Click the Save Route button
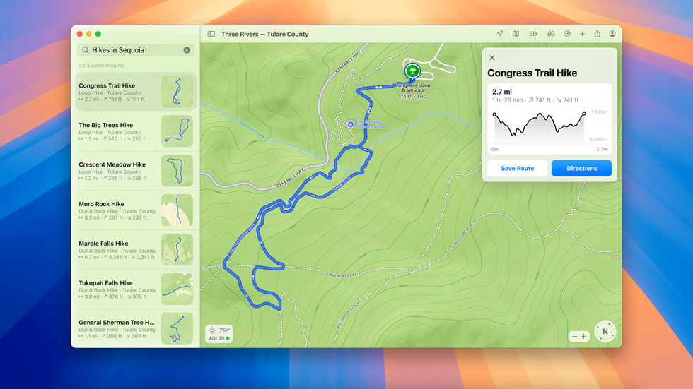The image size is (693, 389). click(517, 168)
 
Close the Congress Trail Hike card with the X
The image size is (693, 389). click(492, 58)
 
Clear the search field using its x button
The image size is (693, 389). click(187, 50)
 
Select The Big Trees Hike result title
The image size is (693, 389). click(105, 125)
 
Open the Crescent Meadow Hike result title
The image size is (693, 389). click(112, 164)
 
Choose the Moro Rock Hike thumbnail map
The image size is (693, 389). click(177, 210)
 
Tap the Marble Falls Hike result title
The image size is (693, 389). click(103, 244)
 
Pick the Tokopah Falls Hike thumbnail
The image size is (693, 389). click(177, 289)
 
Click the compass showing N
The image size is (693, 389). click(605, 331)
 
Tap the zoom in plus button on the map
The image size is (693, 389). click(583, 337)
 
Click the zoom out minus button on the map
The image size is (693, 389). click(575, 337)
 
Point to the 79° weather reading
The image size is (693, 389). click(223, 330)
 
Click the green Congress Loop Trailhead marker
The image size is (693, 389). click(412, 71)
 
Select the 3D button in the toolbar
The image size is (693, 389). click(532, 34)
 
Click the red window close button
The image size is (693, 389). click(80, 34)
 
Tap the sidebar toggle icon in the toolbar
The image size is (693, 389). click(211, 34)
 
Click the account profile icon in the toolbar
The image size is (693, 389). click(612, 34)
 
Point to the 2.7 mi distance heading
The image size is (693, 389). click(501, 92)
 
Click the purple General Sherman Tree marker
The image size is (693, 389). click(351, 124)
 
